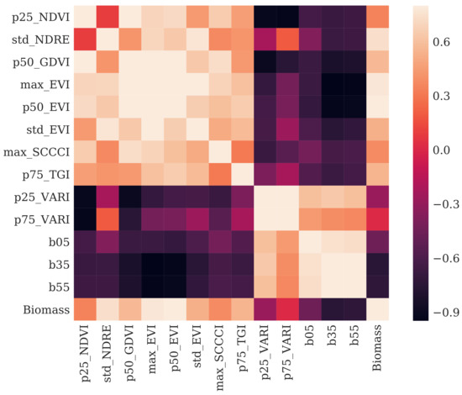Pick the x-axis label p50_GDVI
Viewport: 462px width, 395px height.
[x=130, y=356]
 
